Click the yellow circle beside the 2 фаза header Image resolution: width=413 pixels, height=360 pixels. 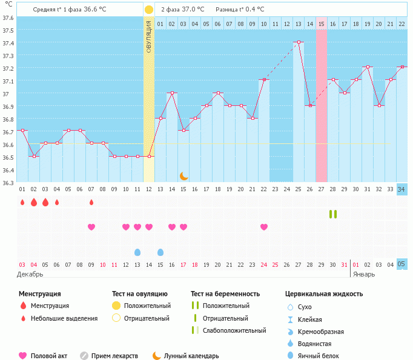149,10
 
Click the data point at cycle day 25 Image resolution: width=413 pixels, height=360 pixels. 298,42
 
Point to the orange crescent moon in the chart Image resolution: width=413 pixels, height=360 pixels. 183,175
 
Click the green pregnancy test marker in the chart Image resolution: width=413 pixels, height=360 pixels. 332,214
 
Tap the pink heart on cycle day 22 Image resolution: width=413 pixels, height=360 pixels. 264,227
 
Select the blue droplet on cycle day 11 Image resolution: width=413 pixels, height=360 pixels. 137,252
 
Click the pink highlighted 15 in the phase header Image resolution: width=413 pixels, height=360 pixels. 321,24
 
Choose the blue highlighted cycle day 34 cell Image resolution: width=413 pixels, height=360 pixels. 401,189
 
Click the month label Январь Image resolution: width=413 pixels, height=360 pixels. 365,274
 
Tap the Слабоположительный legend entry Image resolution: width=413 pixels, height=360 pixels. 235,330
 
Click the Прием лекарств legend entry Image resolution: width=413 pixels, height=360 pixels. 114,356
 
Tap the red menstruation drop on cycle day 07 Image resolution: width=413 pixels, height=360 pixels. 91,202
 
